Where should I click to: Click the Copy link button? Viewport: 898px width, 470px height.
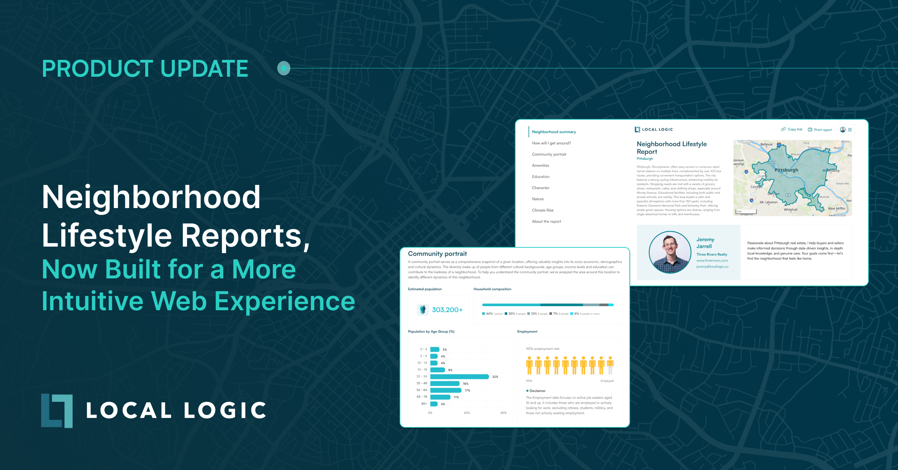[792, 129]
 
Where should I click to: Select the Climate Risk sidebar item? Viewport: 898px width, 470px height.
[543, 210]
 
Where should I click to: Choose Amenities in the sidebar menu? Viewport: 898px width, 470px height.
[540, 165]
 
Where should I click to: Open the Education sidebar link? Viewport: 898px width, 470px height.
[541, 177]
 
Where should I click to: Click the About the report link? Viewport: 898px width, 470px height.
[546, 222]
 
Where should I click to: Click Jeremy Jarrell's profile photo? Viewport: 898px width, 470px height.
[670, 252]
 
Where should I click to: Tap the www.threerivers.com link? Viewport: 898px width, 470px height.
[712, 260]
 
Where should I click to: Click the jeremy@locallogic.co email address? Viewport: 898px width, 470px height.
[712, 267]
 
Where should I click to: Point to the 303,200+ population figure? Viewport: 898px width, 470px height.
[447, 310]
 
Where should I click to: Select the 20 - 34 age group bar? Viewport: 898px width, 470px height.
[459, 377]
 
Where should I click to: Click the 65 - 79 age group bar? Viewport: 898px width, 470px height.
[440, 397]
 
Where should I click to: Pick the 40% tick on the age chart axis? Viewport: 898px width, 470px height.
[503, 413]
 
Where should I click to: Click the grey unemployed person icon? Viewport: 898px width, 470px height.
[610, 366]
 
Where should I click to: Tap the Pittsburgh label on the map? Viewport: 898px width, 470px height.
[786, 170]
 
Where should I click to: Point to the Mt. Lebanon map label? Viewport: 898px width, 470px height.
[769, 202]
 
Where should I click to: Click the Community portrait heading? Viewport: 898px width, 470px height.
[437, 254]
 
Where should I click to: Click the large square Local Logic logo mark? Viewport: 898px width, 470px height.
[57, 411]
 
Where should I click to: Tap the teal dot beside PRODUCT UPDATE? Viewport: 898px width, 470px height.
[284, 68]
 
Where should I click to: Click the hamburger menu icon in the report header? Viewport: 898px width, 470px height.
[850, 130]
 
